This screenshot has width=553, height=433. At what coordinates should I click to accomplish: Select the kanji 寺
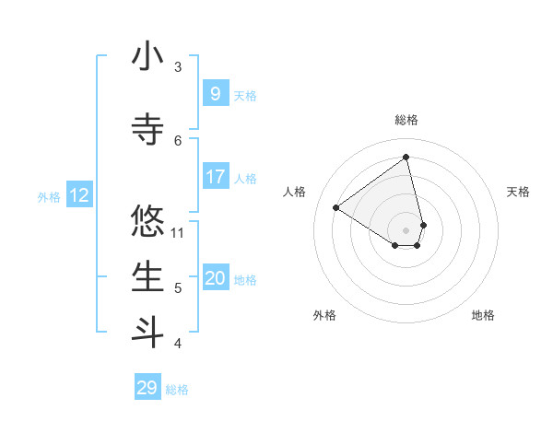point(147,129)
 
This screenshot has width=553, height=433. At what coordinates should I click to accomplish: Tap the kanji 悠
point(147,221)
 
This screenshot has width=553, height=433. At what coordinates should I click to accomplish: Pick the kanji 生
point(147,277)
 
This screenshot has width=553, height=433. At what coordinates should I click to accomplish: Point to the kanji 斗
point(147,332)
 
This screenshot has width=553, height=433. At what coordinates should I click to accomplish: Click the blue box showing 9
point(215,93)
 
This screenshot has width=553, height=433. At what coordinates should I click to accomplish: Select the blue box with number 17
point(215,176)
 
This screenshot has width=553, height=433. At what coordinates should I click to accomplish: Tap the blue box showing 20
point(215,278)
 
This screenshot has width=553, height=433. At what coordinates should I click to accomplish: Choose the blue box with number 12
point(78,195)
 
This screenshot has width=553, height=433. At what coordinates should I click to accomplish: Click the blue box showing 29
point(147,388)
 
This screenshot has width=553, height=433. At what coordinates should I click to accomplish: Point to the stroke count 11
point(179,231)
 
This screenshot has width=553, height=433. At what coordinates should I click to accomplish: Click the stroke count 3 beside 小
point(178,66)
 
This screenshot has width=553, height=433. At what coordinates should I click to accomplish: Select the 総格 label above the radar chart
point(406,120)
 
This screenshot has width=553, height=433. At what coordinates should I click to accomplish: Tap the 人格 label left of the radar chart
point(295,192)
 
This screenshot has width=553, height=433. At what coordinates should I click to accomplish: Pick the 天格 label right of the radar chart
point(518,192)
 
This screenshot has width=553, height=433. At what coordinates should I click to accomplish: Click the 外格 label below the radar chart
point(324,315)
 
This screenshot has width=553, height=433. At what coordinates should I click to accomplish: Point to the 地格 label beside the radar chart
point(483,315)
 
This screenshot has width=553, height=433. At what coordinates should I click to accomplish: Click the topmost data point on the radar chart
point(406,157)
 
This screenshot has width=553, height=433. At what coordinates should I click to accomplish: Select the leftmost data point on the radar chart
point(336,208)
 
